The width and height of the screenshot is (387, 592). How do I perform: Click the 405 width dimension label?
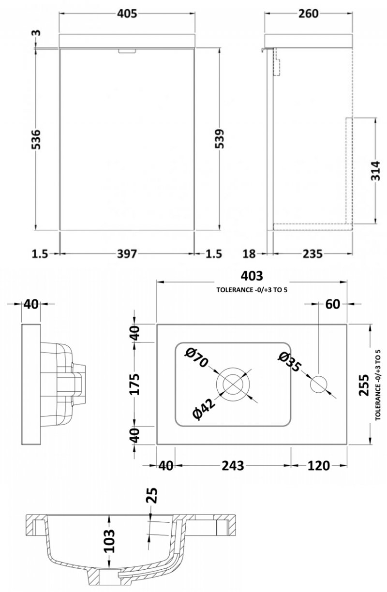pyautogui.click(x=127, y=14)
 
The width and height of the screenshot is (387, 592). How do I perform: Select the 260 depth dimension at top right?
pyautogui.click(x=308, y=14)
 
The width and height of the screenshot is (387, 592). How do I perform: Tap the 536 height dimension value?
pyautogui.click(x=36, y=139)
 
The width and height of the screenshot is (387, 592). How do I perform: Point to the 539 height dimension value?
pyautogui.click(x=220, y=138)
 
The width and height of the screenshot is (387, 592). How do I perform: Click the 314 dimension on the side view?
pyautogui.click(x=375, y=171)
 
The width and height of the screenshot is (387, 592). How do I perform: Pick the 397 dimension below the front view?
pyautogui.click(x=127, y=254)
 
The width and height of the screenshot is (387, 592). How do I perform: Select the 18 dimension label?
pyautogui.click(x=249, y=254)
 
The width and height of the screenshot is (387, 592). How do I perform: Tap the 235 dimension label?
pyautogui.click(x=313, y=254)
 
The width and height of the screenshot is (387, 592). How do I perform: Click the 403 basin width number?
pyautogui.click(x=252, y=276)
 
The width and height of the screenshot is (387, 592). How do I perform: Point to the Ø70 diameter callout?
pyautogui.click(x=197, y=357)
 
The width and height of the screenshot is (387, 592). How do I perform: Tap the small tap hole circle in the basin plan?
pyautogui.click(x=318, y=384)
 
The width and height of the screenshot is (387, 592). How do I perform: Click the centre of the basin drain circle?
pyautogui.click(x=233, y=384)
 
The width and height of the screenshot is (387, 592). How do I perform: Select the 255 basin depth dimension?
pyautogui.click(x=364, y=385)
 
